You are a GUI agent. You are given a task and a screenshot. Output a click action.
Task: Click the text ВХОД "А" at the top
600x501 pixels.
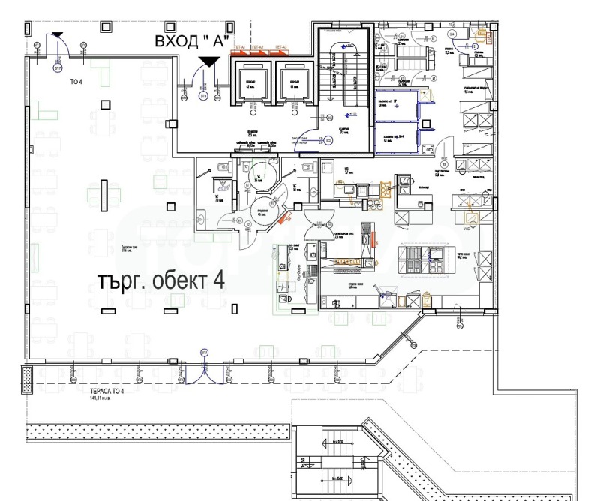(x=190, y=40)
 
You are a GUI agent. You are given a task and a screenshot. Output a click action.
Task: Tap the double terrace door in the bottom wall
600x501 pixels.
(x=204, y=366)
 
